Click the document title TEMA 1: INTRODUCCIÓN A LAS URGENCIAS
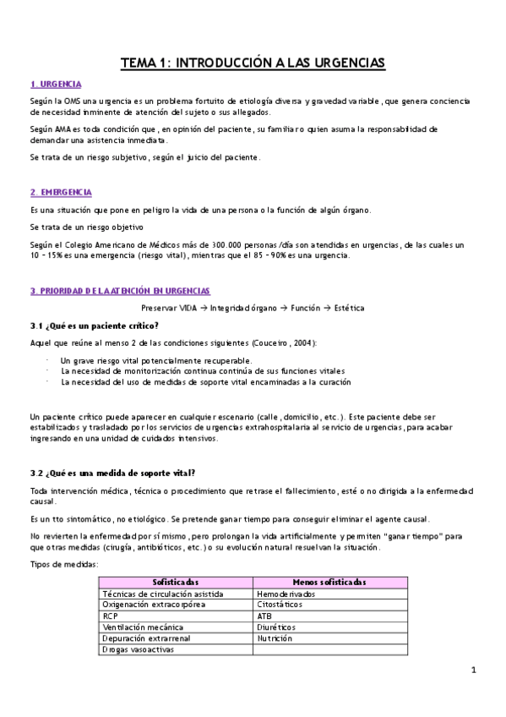click(x=253, y=62)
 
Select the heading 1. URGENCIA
click(x=56, y=84)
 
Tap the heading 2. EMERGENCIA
click(x=61, y=193)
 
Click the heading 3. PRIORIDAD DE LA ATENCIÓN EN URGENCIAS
click(x=120, y=290)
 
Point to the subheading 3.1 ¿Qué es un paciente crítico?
click(x=95, y=326)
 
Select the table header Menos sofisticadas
click(x=329, y=583)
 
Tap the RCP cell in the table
click(x=110, y=616)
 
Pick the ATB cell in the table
click(x=265, y=616)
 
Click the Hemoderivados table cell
click(x=286, y=594)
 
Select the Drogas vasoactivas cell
click(x=136, y=650)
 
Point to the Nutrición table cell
click(x=275, y=638)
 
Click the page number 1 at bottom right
click(x=475, y=670)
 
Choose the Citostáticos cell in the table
click(x=281, y=605)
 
